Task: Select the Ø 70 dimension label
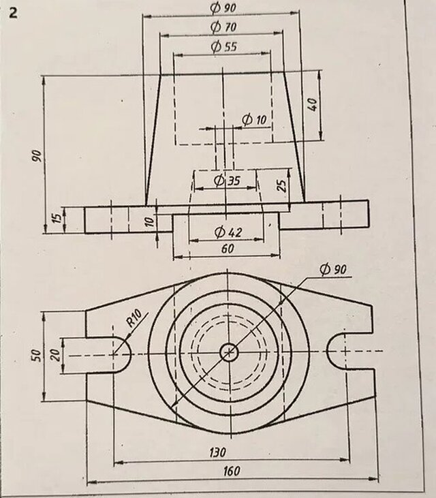click(223, 27)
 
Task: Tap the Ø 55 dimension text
click(223, 47)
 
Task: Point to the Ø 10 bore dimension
click(254, 120)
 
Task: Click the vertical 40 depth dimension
click(313, 106)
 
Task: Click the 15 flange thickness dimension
click(57, 219)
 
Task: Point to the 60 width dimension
click(228, 249)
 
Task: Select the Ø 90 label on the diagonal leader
click(332, 270)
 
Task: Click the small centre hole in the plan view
click(229, 352)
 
